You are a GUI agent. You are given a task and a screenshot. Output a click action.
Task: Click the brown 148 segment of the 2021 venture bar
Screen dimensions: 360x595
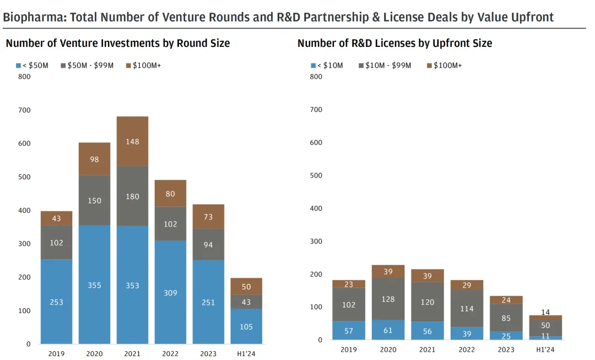[132, 141]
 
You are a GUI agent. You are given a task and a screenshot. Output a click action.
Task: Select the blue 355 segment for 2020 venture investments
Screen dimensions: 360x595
[94, 284]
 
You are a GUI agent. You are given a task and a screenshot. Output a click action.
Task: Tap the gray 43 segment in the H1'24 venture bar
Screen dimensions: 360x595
[246, 302]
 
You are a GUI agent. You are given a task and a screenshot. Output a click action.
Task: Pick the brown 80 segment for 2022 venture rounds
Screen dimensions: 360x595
[170, 194]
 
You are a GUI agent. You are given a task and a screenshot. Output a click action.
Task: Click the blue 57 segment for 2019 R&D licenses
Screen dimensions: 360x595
[349, 330]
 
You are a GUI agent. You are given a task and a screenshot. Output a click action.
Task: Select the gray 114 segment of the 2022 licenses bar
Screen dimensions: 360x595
[467, 308]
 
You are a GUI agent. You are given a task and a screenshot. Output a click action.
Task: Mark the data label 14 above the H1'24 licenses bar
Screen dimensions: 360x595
[545, 312]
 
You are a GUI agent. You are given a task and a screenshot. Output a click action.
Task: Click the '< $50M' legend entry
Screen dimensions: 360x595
[33, 66]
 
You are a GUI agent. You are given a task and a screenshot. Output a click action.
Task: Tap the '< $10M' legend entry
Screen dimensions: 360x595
[327, 66]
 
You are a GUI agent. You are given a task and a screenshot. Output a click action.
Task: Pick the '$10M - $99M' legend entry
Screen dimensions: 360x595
[385, 66]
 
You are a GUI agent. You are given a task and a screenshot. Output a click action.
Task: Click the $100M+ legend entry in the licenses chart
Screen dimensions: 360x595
[445, 66]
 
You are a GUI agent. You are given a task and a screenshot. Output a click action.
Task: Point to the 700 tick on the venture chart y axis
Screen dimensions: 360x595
[24, 110]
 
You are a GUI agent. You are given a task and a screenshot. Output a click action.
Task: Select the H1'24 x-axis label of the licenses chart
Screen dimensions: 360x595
[545, 350]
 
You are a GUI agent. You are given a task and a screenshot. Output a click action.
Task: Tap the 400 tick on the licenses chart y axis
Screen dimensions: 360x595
[316, 208]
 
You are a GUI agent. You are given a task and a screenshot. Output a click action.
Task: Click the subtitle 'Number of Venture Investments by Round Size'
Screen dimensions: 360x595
[118, 43]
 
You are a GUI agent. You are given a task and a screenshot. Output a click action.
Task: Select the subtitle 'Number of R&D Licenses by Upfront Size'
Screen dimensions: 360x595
[394, 43]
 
